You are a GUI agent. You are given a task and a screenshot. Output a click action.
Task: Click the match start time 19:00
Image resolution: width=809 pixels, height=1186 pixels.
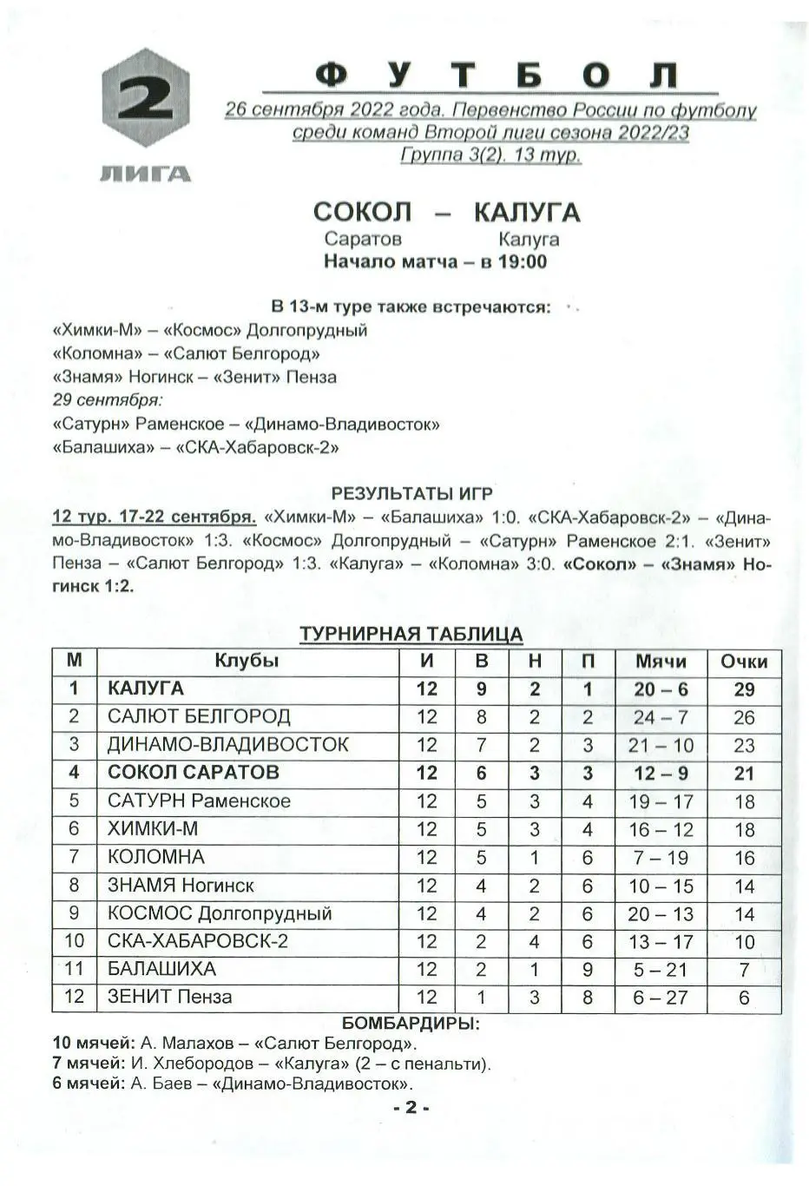click(x=522, y=261)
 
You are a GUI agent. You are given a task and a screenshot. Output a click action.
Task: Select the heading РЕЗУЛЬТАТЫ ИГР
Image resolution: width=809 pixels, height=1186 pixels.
click(x=411, y=494)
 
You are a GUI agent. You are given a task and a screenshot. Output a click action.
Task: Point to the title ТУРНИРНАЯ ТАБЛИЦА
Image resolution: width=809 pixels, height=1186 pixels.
click(x=411, y=635)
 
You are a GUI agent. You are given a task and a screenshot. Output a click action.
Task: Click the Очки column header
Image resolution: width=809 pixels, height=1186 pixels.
click(x=744, y=662)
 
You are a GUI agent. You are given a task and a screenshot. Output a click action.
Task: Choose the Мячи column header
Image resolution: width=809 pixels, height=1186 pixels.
click(x=661, y=662)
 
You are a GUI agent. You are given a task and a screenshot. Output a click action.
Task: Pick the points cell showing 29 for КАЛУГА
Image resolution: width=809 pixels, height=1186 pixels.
click(x=744, y=689)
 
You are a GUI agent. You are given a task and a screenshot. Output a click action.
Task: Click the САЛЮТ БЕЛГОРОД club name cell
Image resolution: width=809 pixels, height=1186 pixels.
click(x=199, y=717)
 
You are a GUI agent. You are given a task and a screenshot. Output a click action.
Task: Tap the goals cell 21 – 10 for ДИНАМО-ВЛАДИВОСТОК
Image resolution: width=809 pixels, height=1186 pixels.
click(x=661, y=745)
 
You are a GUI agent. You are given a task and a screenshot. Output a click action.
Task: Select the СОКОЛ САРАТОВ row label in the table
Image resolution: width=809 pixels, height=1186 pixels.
click(x=193, y=773)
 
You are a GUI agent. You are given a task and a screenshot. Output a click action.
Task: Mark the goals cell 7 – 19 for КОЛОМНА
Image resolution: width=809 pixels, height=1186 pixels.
click(x=661, y=858)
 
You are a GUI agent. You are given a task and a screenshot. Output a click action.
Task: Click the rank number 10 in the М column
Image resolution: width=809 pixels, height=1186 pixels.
click(x=75, y=941)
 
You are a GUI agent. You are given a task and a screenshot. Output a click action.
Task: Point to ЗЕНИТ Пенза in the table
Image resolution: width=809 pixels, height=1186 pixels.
click(x=170, y=997)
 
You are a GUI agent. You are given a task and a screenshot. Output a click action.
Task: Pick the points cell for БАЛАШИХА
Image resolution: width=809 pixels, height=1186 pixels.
click(x=744, y=969)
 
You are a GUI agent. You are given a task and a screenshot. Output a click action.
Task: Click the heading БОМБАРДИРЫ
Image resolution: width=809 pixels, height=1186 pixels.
click(x=411, y=1023)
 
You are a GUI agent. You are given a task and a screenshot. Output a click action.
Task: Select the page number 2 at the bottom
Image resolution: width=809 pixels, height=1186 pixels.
click(x=411, y=1107)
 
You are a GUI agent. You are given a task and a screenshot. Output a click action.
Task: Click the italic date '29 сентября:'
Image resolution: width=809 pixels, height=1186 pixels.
click(x=108, y=400)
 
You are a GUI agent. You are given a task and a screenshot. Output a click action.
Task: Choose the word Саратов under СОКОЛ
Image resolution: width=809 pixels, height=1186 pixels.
click(x=363, y=239)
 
